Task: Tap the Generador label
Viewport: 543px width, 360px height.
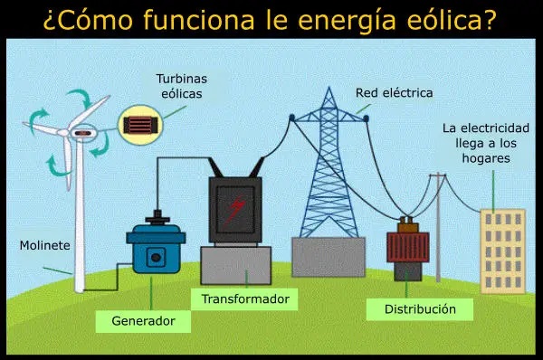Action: (x=143, y=320)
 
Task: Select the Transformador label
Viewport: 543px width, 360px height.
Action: (x=244, y=298)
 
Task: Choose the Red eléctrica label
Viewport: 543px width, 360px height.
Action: (x=394, y=92)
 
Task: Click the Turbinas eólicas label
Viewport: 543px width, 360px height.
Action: (x=181, y=86)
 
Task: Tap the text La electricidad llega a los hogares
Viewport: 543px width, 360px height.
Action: (x=485, y=143)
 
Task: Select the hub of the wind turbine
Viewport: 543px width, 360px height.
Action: (x=82, y=134)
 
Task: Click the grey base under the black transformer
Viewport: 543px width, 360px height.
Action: (x=235, y=264)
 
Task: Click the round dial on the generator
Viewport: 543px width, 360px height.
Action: (x=156, y=257)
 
